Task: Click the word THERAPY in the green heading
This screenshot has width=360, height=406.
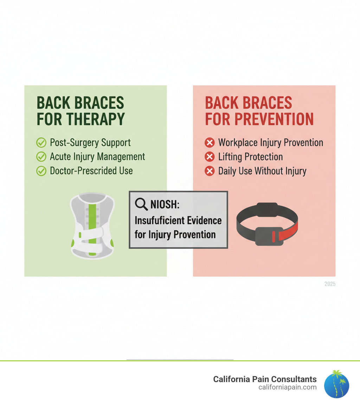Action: pos(96,119)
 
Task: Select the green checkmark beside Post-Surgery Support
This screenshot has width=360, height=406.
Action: pos(41,142)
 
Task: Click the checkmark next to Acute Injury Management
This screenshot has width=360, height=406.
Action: pos(41,157)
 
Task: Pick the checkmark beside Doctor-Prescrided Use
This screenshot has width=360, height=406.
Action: pos(41,171)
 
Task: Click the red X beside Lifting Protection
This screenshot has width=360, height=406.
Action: pos(210,157)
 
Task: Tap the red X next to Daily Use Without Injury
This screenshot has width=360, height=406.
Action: pos(210,171)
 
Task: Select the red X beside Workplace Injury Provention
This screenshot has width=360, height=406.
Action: pos(210,142)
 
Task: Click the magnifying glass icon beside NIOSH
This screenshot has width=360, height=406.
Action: pos(141,204)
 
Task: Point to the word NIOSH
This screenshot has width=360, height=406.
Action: pos(165,204)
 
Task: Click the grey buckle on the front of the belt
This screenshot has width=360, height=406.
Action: pos(269,236)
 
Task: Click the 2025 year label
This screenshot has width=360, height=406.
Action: pos(330,284)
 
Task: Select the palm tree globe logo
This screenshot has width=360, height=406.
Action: pos(336,384)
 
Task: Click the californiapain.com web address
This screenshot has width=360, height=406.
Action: pos(288,387)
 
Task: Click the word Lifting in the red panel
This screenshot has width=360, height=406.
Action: pos(230,157)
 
